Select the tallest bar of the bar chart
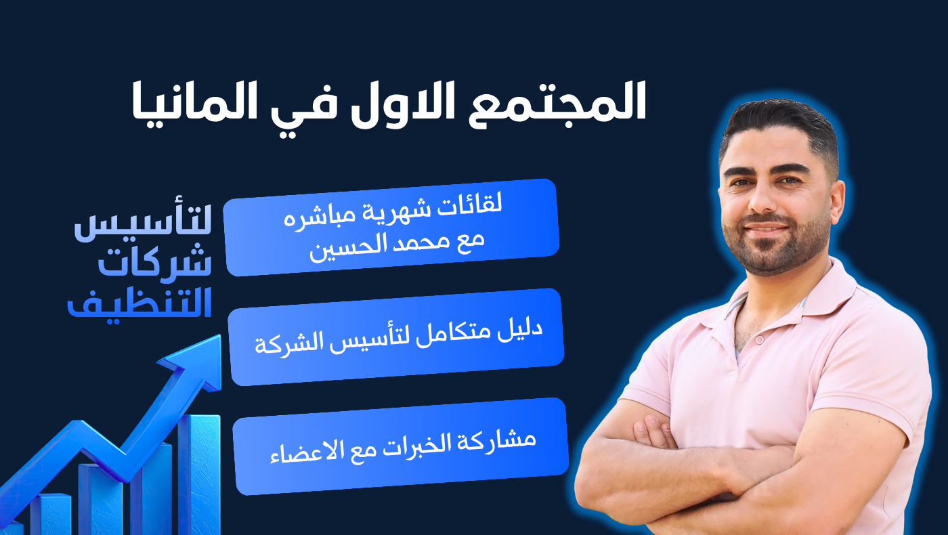[199, 474]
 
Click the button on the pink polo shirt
[759, 340]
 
